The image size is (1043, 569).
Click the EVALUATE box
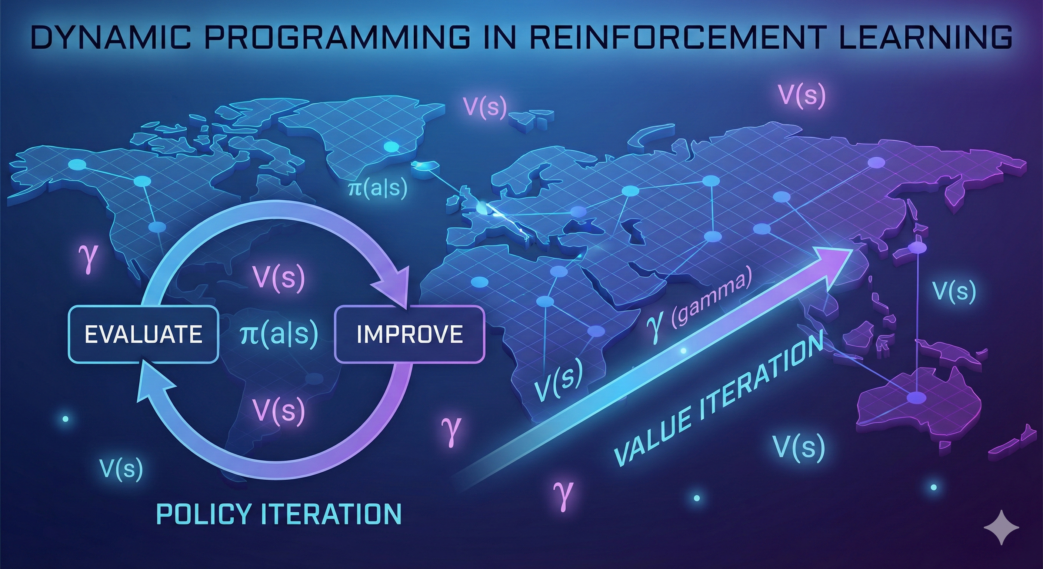(143, 334)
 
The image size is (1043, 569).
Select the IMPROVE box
(409, 334)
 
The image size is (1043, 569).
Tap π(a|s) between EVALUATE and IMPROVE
(279, 334)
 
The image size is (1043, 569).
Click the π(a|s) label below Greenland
(377, 188)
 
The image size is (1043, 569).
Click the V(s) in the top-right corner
(802, 96)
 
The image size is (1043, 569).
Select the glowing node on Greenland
(391, 147)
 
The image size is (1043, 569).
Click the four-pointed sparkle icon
(1001, 538)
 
